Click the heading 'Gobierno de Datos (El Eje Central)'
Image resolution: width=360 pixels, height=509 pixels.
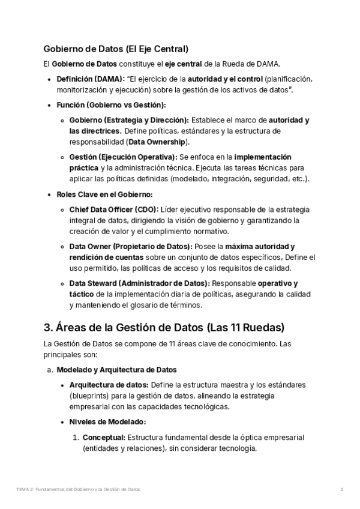[x=116, y=49]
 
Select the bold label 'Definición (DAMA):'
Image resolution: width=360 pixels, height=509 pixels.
[x=91, y=79]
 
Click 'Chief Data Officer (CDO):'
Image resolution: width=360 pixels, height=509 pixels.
[x=114, y=209]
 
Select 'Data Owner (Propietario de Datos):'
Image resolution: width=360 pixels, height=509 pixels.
[x=130, y=246]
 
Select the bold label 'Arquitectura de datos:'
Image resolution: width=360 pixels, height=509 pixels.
[x=109, y=384]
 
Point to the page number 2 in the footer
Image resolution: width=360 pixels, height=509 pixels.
[x=341, y=489]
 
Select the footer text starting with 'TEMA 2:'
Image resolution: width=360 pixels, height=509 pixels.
[x=79, y=489]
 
